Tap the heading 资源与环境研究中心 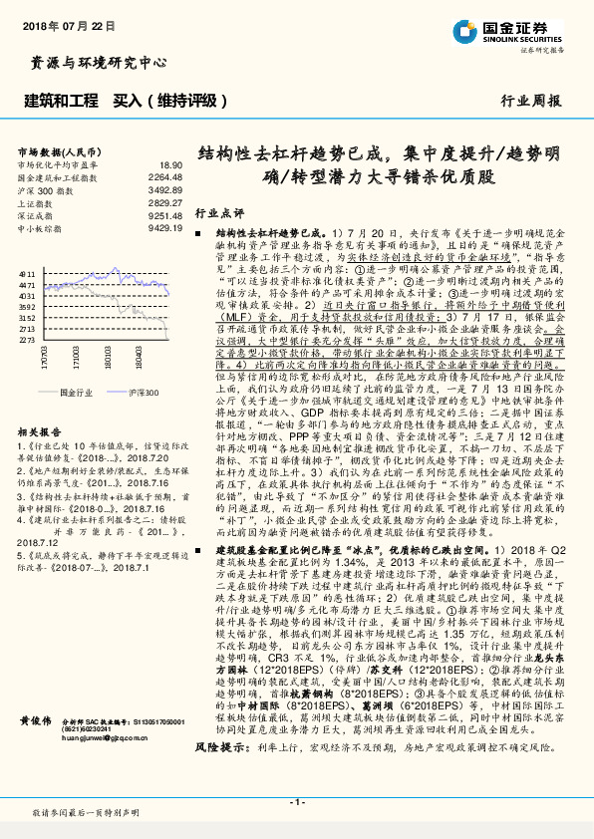(99, 63)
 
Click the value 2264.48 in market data (165, 176)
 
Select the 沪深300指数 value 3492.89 (165, 188)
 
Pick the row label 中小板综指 (41, 227)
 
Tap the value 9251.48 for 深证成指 (165, 214)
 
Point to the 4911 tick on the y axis (27, 272)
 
